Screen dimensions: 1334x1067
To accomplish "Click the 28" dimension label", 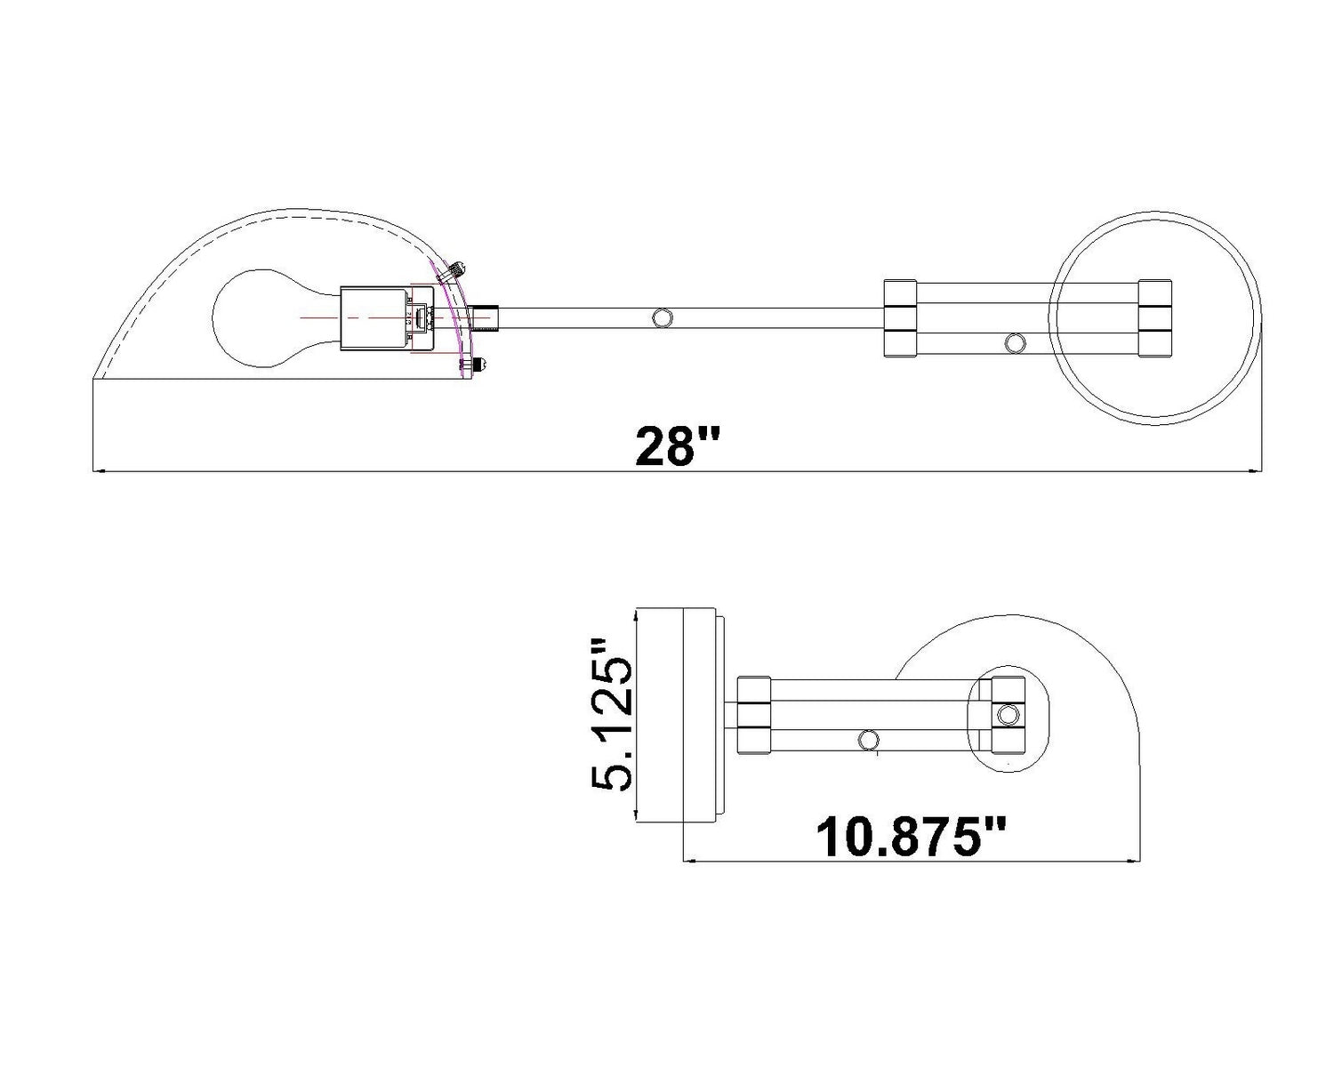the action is click(678, 445).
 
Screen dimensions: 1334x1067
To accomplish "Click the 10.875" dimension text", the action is click(911, 837).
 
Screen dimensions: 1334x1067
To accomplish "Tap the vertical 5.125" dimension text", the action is click(612, 714).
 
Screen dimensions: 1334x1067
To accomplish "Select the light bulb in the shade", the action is click(277, 318).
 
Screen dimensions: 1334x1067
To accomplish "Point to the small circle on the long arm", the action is click(663, 318).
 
